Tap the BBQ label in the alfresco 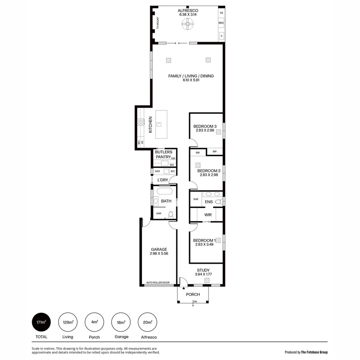[x=221, y=24]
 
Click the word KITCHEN [x=151, y=125]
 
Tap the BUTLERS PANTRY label [x=164, y=154]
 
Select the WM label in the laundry [x=157, y=171]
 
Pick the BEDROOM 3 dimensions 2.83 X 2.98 [x=205, y=130]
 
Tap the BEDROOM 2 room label [x=208, y=170]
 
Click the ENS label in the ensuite [x=208, y=202]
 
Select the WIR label [x=208, y=215]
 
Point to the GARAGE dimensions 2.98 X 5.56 [x=159, y=254]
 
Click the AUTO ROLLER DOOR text [x=158, y=283]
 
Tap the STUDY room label [x=203, y=270]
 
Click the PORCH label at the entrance [x=193, y=294]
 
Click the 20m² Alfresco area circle [x=147, y=322]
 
